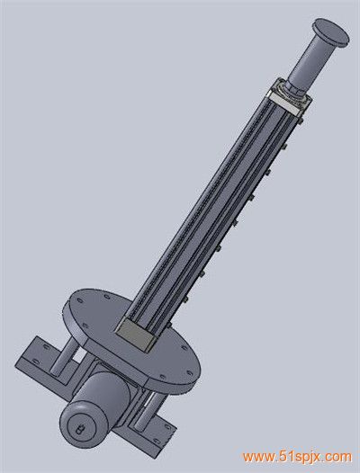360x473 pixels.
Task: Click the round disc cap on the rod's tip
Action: point(331,32)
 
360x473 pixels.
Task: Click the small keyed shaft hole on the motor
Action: point(80,429)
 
